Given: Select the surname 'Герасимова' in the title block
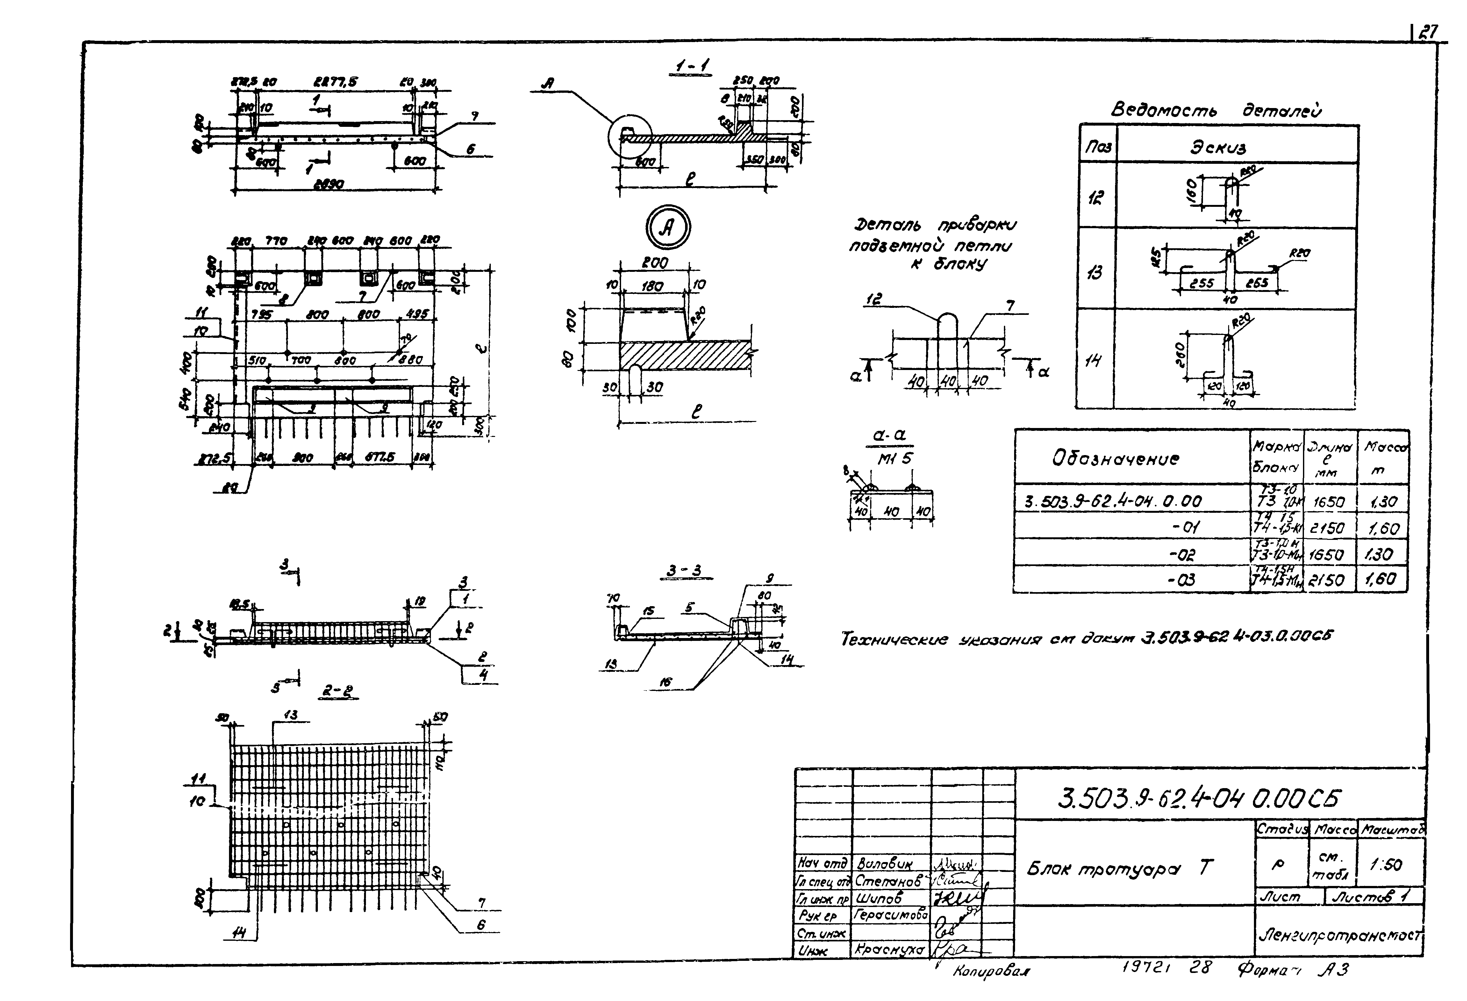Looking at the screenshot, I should pos(891,915).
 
